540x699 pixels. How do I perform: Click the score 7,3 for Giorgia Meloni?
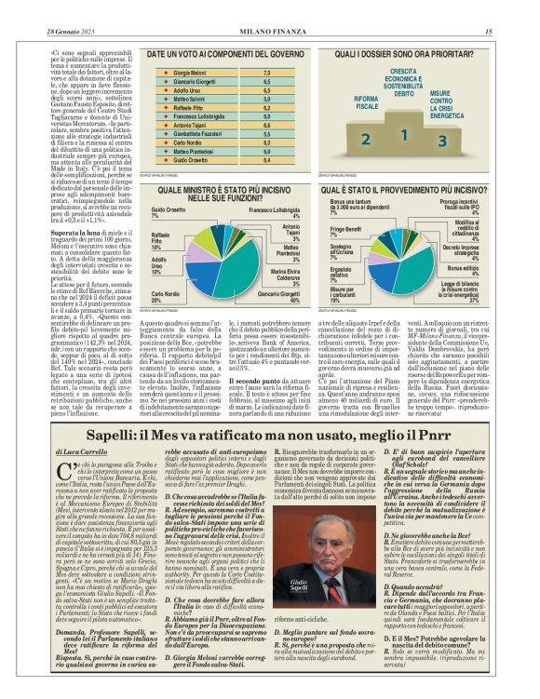tap(266, 72)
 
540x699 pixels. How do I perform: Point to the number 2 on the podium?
tap(366, 138)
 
